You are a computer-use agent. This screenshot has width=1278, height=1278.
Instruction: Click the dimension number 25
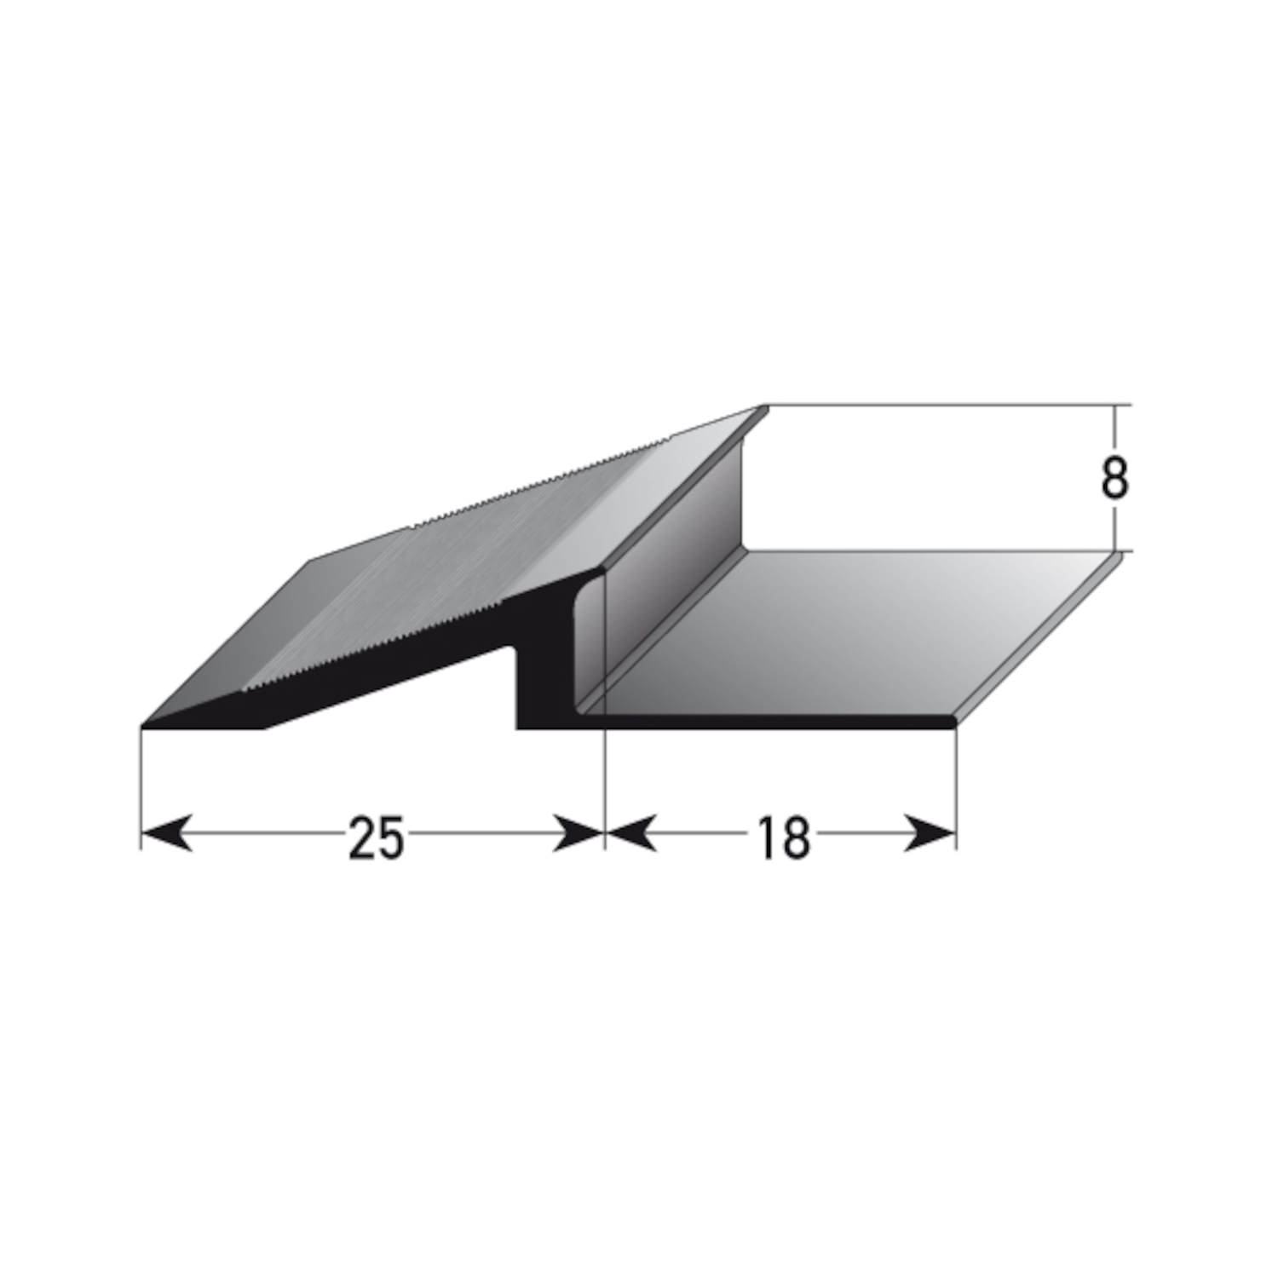(375, 838)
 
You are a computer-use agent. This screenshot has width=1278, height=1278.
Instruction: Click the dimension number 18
(781, 838)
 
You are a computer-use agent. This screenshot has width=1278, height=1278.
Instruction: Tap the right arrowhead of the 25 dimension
(579, 833)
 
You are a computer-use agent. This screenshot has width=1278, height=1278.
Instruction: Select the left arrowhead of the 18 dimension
(630, 833)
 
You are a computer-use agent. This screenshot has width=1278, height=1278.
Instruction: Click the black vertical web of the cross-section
(537, 682)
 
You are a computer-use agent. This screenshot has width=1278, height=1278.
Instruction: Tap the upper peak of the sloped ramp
(763, 409)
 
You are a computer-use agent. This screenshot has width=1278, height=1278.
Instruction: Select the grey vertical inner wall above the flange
(673, 545)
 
